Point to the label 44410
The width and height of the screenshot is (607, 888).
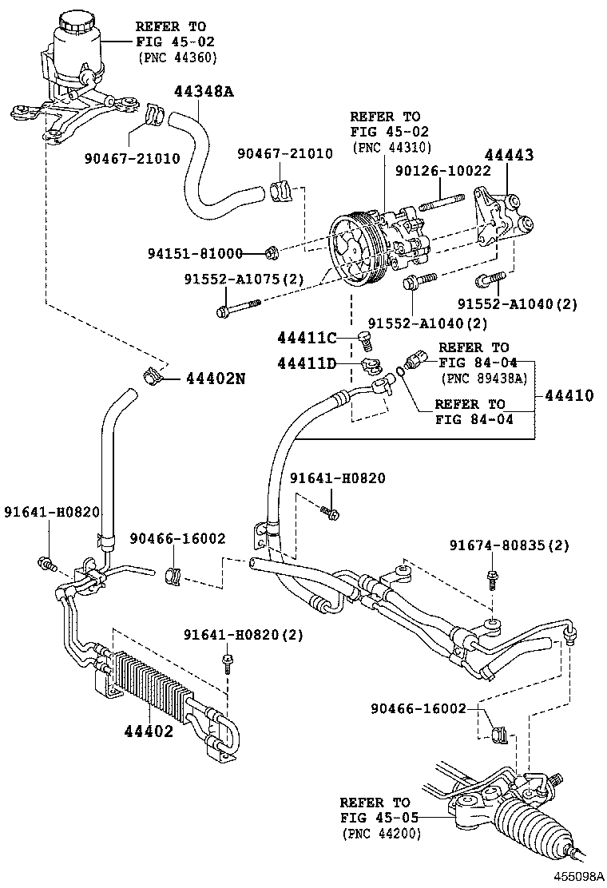pos(569,394)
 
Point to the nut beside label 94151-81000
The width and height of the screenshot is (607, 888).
pos(272,254)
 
